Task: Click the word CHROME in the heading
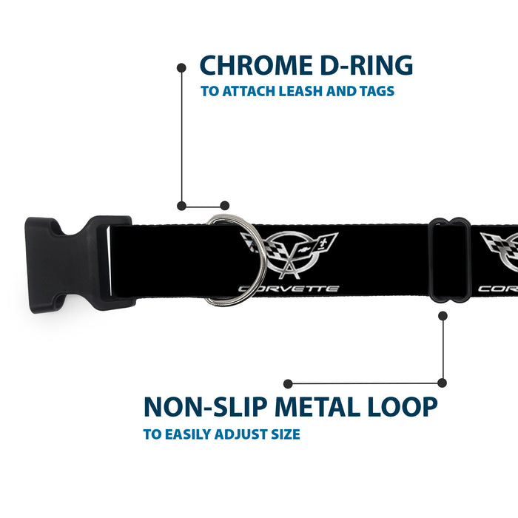(256, 65)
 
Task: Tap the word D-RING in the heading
(367, 65)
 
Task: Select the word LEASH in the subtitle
(300, 91)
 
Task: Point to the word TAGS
(377, 91)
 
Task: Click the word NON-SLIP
(205, 406)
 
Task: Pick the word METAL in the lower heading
(317, 406)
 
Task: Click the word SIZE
(286, 434)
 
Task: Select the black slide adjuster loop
(433, 260)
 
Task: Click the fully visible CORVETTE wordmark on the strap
(289, 289)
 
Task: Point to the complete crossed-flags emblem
(289, 255)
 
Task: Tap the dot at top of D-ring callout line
(181, 68)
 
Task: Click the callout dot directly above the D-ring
(225, 206)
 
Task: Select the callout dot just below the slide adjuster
(443, 316)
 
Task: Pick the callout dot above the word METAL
(288, 383)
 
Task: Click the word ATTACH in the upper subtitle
(249, 91)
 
